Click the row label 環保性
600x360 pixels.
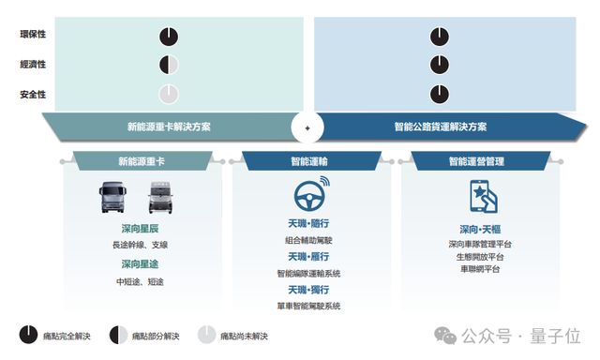[x=34, y=36]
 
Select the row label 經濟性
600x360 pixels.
[x=34, y=65]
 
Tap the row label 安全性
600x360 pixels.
[x=34, y=95]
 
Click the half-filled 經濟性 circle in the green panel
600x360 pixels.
[x=168, y=65]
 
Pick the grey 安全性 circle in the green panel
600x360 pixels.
[x=168, y=94]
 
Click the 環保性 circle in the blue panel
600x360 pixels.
[x=441, y=37]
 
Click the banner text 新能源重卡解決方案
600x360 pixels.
[x=169, y=127]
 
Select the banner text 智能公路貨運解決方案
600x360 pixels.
[x=441, y=127]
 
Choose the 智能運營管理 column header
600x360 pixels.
[x=470, y=162]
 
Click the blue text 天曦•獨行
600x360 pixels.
[x=308, y=291]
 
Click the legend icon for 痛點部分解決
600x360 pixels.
[x=118, y=335]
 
